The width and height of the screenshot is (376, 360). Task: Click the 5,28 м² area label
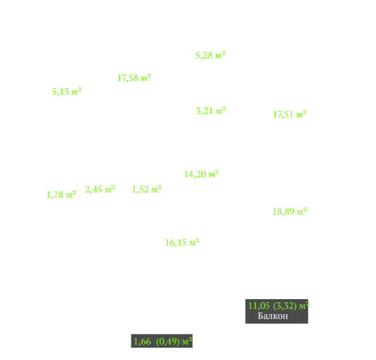tap(211, 55)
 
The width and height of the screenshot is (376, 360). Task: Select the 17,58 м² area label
tap(134, 78)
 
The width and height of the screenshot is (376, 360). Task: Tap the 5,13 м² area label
tap(67, 92)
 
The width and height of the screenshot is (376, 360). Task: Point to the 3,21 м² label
tap(211, 111)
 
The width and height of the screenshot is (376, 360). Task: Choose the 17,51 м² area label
tap(290, 115)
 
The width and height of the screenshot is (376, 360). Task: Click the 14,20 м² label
tap(201, 174)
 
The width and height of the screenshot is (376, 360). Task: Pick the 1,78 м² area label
tap(61, 194)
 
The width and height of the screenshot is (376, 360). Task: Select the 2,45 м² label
tap(100, 189)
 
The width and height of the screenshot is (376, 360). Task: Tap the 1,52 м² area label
tap(146, 189)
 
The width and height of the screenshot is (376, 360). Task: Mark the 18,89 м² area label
tap(290, 211)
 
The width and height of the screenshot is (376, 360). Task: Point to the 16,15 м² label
tap(182, 242)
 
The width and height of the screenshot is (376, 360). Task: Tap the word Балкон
tap(273, 316)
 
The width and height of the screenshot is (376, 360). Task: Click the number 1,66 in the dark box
tap(142, 341)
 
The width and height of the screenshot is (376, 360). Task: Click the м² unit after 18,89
tap(302, 211)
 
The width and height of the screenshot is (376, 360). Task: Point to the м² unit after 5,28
tap(220, 55)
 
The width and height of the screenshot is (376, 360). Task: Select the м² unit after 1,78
tap(71, 194)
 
